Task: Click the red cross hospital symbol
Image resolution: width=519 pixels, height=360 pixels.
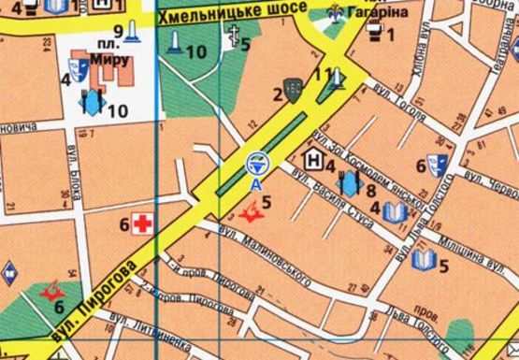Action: [x=142, y=223]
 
